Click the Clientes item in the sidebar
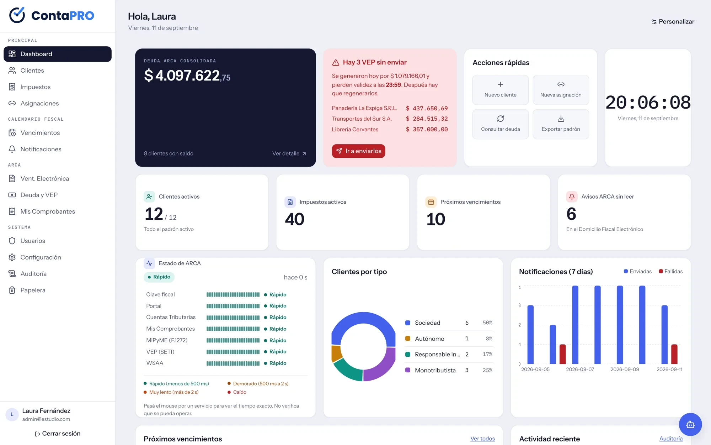32,70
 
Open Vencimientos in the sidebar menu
40,133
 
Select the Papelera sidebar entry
33,290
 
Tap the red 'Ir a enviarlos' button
358,151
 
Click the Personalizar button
673,22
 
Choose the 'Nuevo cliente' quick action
500,90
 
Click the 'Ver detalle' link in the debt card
289,153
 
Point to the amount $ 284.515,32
427,119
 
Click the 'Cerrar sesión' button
58,434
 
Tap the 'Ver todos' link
482,439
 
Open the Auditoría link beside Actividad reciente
671,439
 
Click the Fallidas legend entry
670,271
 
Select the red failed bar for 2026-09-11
674,354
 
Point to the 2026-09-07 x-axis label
580,370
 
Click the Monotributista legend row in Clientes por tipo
449,370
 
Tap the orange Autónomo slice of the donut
336,353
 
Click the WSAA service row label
155,363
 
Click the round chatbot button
690,424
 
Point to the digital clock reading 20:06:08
648,103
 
